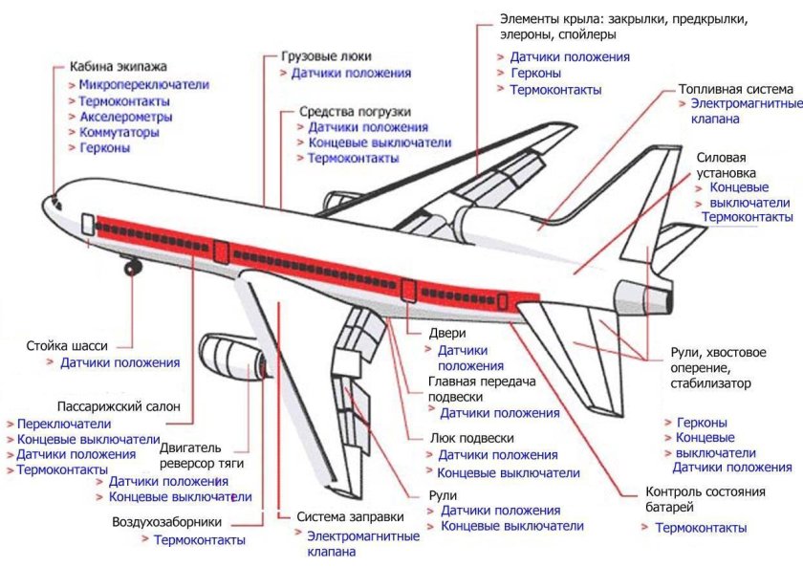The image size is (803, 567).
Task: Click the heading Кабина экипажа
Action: click(119, 67)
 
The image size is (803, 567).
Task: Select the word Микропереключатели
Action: click(143, 84)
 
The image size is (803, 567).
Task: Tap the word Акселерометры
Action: click(125, 117)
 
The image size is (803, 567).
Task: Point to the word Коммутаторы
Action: click(119, 132)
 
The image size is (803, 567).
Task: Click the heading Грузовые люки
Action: click(326, 56)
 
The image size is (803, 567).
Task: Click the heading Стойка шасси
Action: click(67, 345)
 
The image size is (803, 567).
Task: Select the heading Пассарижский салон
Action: click(119, 405)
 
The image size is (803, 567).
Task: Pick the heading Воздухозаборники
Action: click(167, 522)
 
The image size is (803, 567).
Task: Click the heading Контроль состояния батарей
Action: click(705, 500)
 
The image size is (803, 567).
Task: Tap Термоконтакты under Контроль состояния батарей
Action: click(701, 528)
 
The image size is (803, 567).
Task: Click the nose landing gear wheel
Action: click(131, 268)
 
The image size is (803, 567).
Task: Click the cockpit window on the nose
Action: click(56, 201)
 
